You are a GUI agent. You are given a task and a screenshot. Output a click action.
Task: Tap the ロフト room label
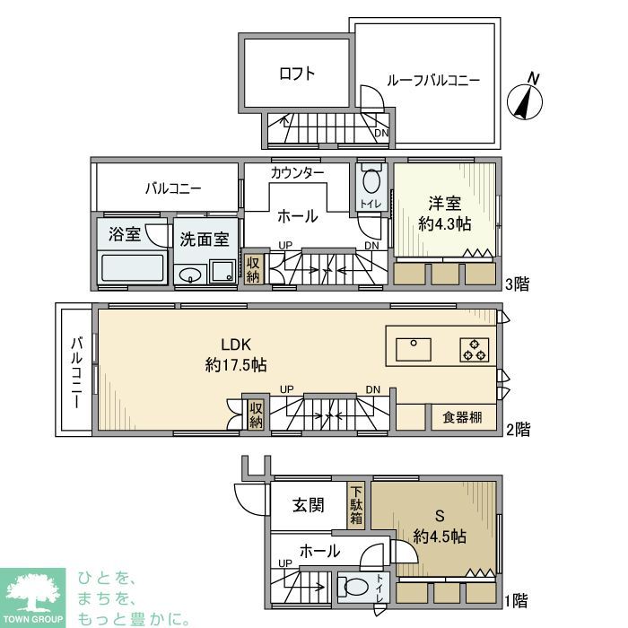point(297,74)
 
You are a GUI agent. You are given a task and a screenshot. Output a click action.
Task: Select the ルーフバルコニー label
point(433,81)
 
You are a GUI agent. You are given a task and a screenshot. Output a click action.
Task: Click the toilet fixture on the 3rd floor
point(371,185)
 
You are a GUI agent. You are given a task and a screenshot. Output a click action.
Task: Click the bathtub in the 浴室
point(134,267)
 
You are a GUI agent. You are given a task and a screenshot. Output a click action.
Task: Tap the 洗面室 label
point(205,240)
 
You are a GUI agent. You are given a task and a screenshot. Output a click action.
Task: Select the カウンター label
point(297,171)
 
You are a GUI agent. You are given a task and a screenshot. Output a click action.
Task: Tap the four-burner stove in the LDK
point(475,347)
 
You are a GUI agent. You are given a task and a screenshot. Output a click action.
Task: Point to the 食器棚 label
point(462,417)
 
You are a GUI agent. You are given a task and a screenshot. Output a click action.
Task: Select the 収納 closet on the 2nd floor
point(256,414)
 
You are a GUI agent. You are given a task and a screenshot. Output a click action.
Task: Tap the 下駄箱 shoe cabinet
point(356,504)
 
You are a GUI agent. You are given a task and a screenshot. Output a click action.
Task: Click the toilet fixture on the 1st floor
point(356,589)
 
